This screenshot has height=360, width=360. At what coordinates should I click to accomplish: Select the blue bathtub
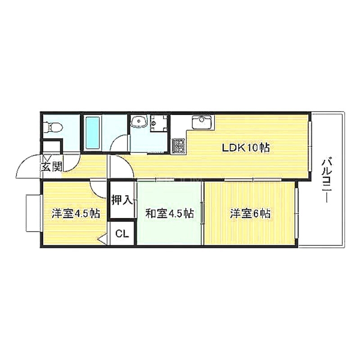pyautogui.click(x=92, y=133)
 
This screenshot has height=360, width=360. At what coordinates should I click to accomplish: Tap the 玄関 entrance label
pyautogui.click(x=52, y=167)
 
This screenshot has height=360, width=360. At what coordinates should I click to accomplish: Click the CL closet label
pyautogui.click(x=122, y=234)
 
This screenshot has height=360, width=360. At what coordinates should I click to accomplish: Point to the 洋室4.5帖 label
pyautogui.click(x=75, y=213)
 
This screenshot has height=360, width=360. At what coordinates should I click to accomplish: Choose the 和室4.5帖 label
pyautogui.click(x=169, y=213)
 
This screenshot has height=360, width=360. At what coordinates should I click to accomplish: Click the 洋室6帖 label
pyautogui.click(x=250, y=213)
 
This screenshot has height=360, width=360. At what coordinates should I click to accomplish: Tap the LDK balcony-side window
pyautogui.click(x=310, y=147)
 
